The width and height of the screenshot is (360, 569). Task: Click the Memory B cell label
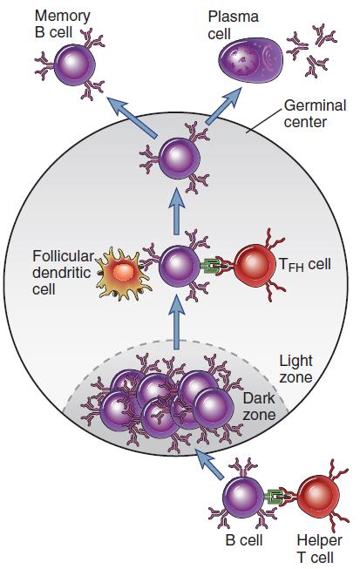point(62,24)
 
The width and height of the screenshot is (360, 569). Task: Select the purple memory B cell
point(74,65)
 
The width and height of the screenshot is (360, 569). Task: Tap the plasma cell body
point(250,60)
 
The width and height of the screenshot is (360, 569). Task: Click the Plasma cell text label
point(233,25)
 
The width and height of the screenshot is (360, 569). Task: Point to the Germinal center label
point(315,113)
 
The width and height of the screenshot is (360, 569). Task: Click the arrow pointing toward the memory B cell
point(132,117)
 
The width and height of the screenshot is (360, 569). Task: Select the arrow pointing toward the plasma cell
point(223,105)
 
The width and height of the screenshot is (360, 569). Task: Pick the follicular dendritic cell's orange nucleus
point(124,272)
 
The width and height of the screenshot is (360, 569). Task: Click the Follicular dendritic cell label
point(63,273)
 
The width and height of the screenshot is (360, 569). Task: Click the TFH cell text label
point(305,265)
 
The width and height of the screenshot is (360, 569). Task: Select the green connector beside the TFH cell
point(210,267)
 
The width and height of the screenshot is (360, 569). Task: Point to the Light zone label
point(295,369)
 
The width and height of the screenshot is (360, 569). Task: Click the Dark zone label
point(259,406)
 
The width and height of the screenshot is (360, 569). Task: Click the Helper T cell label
point(319,548)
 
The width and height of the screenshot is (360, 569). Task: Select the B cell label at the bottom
point(244,540)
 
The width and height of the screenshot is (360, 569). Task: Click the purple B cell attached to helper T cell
point(243,498)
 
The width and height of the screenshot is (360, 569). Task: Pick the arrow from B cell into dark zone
point(209,464)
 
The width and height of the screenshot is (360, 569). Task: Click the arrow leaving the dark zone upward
point(177,323)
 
